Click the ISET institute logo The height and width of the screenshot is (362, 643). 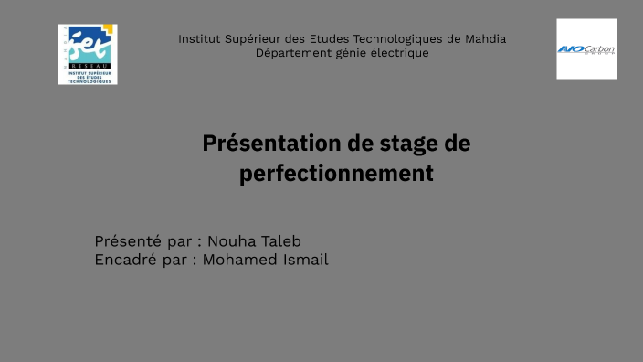(88, 55)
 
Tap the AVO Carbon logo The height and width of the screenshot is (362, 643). (586, 49)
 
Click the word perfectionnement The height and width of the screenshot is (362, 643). (336, 173)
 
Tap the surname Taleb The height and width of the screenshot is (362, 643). (279, 241)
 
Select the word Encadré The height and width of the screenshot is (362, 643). (125, 260)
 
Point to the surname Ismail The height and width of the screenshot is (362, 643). (303, 260)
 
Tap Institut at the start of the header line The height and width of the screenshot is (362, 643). (198, 39)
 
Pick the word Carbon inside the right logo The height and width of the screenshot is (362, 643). (599, 48)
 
